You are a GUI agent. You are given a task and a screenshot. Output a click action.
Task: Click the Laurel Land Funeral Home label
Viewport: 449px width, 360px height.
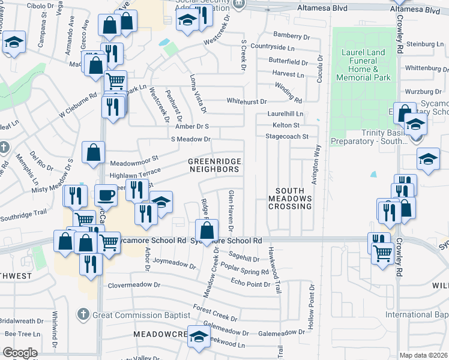(x=363, y=65)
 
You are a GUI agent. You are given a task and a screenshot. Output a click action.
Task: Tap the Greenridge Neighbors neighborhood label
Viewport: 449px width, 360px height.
(x=214, y=166)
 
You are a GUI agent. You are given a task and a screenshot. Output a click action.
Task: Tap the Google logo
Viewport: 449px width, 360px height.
(x=20, y=353)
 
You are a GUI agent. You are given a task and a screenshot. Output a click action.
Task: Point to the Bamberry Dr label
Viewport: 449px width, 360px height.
(x=291, y=36)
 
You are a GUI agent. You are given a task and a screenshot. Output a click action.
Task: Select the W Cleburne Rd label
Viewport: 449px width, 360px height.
(x=77, y=105)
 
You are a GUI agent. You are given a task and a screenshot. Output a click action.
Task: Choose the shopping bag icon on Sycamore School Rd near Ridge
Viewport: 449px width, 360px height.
(x=206, y=230)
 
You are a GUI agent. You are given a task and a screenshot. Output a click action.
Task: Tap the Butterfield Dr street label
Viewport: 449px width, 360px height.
(x=288, y=62)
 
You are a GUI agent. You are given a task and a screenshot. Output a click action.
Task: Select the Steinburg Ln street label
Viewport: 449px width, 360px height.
(x=424, y=44)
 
